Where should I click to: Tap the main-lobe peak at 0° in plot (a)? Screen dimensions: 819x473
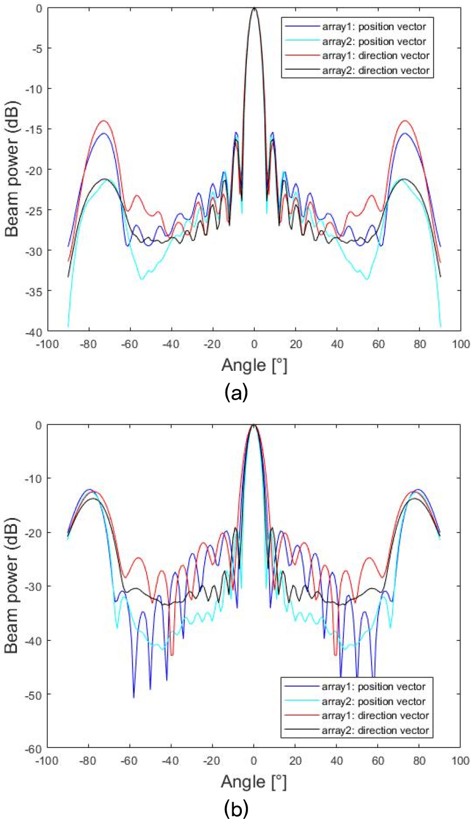tap(254, 8)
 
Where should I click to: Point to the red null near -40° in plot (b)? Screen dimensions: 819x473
tap(172, 655)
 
